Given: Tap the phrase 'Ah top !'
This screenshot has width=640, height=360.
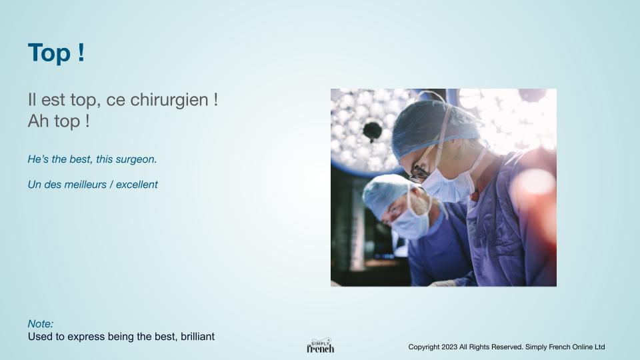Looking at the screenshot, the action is point(59,121).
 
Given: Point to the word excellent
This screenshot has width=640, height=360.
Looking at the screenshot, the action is point(137,185).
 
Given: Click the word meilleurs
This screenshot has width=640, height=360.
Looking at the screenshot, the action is point(85,185).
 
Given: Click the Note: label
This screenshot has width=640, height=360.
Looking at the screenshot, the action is point(41,324).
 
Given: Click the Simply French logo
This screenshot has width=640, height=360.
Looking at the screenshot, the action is point(321,346).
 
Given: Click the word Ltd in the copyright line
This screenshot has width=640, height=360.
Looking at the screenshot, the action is point(599,347).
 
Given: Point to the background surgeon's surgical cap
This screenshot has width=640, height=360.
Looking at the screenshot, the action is point(386,194).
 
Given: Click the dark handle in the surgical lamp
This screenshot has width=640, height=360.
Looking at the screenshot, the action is point(372,131).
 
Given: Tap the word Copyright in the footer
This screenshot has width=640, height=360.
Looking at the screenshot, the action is point(424,347).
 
